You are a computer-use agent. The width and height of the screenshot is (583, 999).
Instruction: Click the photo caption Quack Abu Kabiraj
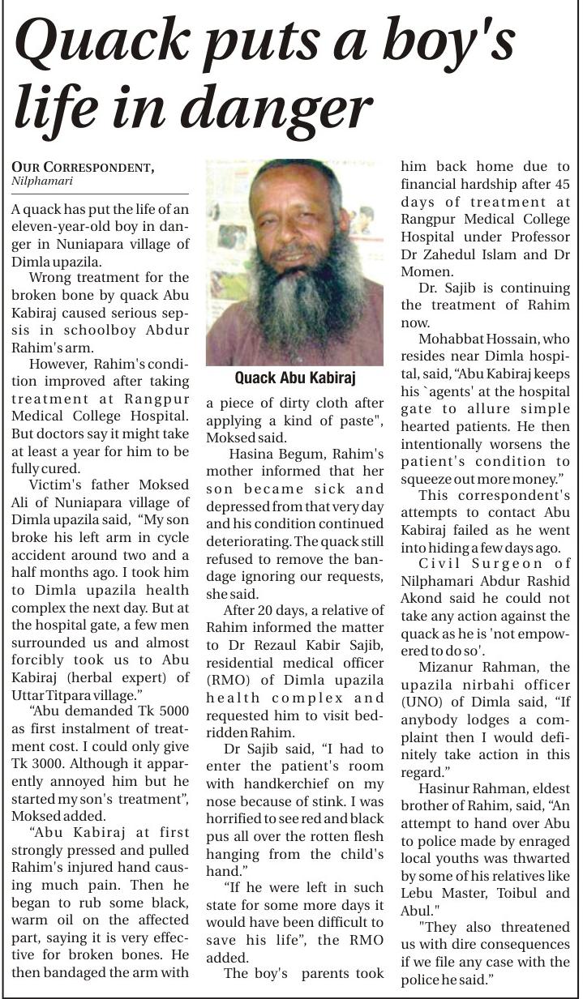294,378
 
